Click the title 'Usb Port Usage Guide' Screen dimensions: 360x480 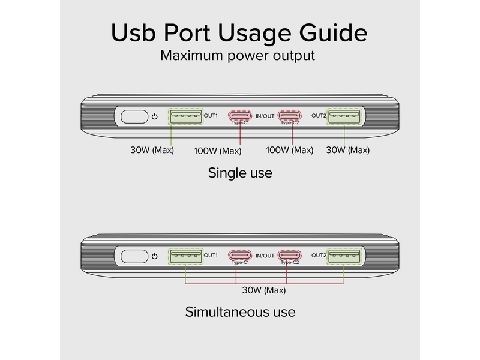tap(239, 33)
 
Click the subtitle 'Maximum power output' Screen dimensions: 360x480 tap(238, 56)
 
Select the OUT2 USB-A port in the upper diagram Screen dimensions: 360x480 tap(344, 116)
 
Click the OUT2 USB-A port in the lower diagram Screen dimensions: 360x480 tap(344, 256)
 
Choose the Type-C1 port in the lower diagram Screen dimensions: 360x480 tap(239, 256)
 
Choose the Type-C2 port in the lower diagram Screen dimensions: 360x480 tap(290, 256)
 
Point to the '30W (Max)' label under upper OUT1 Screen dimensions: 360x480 tap(152, 150)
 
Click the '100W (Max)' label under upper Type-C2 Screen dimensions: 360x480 tap(289, 150)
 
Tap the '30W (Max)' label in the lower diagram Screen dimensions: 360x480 tap(263, 290)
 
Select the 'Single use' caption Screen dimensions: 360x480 tap(240, 173)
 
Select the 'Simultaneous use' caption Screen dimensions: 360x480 tap(240, 312)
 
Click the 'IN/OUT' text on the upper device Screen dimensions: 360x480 tap(265, 115)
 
